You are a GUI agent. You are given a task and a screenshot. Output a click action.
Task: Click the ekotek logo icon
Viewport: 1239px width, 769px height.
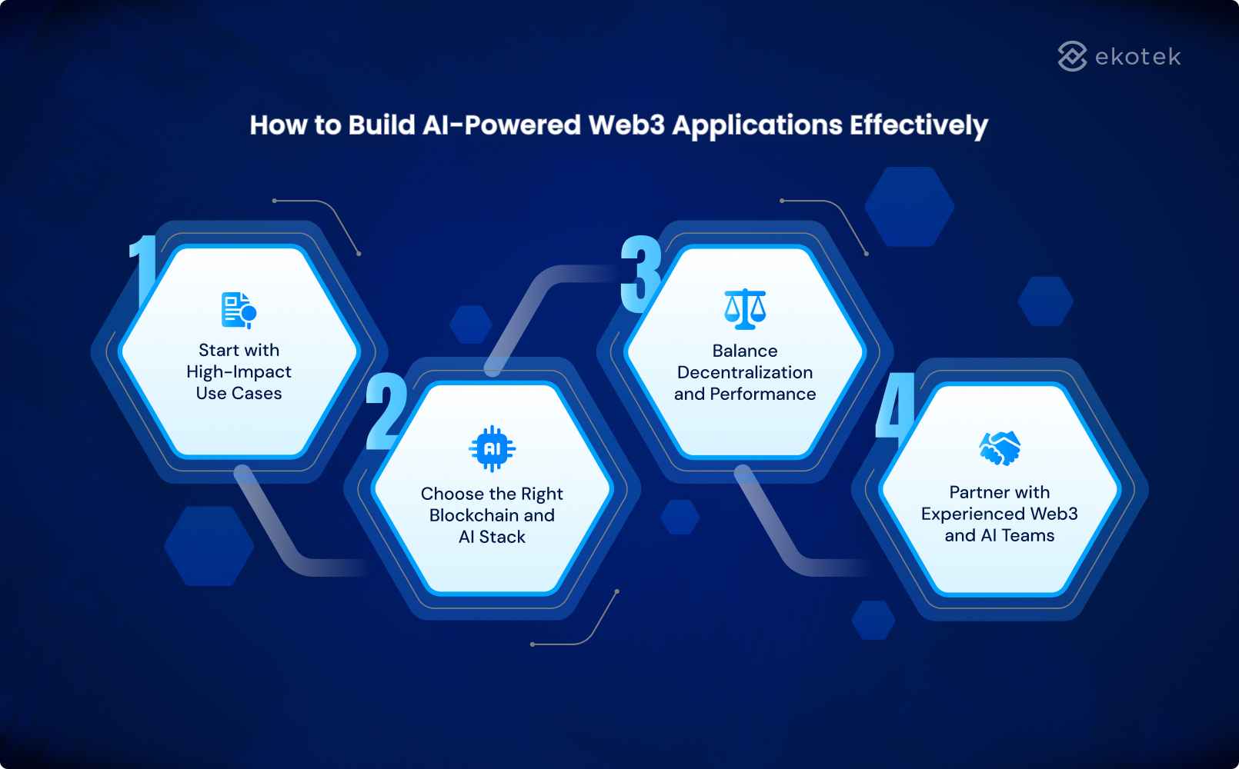click(1072, 56)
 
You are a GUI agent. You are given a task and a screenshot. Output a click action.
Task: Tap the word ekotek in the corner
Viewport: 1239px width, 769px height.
click(1137, 57)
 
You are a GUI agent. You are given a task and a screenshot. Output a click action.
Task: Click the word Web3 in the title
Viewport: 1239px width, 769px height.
click(626, 125)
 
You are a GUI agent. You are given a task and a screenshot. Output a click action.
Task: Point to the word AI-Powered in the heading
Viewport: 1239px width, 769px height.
click(501, 125)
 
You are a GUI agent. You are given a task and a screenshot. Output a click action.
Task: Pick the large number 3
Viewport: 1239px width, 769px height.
click(640, 274)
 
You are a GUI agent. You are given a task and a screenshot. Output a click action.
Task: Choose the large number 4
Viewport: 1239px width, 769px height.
click(895, 408)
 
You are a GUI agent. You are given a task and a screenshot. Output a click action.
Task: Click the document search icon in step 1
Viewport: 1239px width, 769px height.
click(239, 310)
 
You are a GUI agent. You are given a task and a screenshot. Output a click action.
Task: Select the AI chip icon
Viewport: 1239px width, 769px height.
click(492, 448)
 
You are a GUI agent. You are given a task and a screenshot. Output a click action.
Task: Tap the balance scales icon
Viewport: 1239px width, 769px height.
click(745, 309)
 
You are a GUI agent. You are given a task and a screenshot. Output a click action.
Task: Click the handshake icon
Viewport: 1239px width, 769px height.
click(1000, 448)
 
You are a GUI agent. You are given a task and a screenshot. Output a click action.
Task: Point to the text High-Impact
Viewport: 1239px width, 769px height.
click(239, 372)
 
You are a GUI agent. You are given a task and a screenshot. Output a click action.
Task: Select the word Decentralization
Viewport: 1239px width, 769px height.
click(745, 372)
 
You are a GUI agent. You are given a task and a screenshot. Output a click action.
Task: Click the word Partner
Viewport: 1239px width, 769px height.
click(979, 492)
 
